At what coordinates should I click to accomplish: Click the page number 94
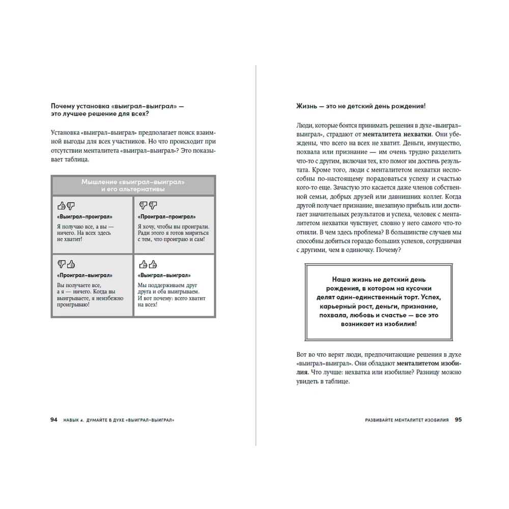[54, 420]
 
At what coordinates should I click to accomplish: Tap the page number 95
[458, 420]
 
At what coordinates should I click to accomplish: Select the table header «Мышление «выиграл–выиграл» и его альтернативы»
[133, 185]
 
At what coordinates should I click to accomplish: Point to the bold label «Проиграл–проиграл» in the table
[159, 216]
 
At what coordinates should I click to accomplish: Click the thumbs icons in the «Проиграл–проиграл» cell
[148, 205]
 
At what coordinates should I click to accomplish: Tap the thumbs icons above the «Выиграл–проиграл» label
[66, 205]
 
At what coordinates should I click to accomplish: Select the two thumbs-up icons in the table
[148, 264]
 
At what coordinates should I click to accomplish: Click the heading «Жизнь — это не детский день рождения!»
[360, 106]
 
